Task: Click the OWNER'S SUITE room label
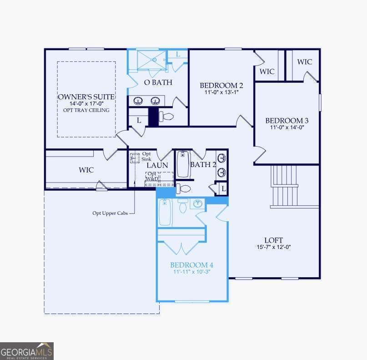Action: coord(86,97)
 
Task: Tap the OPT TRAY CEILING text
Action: coord(86,110)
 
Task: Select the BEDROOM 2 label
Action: coord(221,85)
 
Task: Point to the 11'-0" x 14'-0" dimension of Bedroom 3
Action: coord(287,127)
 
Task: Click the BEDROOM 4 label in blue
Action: coord(191,265)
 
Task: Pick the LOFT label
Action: coord(273,240)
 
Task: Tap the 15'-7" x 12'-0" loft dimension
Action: coord(273,247)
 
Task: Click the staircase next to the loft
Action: coord(284,186)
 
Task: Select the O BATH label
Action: coord(158,82)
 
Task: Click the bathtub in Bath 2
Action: coord(183,164)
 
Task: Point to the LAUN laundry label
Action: coord(157,165)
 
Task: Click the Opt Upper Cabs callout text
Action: coord(107,213)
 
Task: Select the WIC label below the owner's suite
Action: coord(86,170)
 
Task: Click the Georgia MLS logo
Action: coord(27,351)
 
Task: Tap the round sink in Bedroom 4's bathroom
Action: coord(198,204)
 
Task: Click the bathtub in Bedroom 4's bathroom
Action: coord(165,212)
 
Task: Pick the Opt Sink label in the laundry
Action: coord(146,157)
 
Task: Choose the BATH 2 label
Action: coord(203,164)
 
